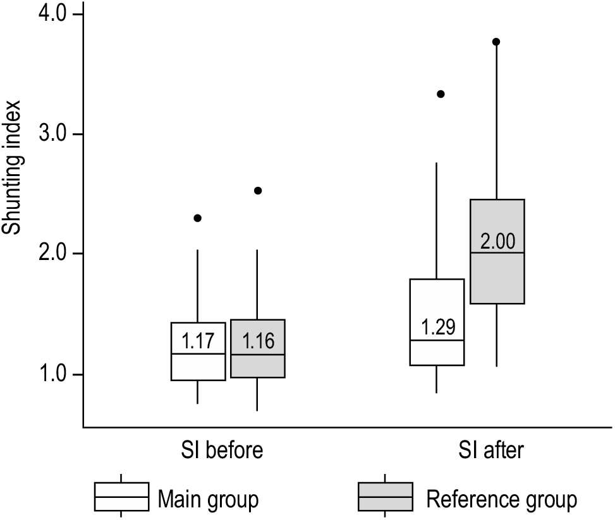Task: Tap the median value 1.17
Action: pyautogui.click(x=198, y=341)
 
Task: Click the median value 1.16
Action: pyautogui.click(x=257, y=341)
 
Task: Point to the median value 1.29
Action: pyautogui.click(x=438, y=328)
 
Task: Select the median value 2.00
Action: pyautogui.click(x=497, y=240)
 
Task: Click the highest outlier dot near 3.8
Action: pyautogui.click(x=496, y=42)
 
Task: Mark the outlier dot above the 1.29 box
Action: pyautogui.click(x=441, y=94)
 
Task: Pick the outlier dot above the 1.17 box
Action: pyautogui.click(x=197, y=218)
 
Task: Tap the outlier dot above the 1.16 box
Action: pyautogui.click(x=257, y=191)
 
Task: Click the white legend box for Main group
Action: pyautogui.click(x=121, y=497)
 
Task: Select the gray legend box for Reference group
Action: pyautogui.click(x=386, y=497)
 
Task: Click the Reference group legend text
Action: pyautogui.click(x=501, y=500)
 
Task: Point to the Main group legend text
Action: pyautogui.click(x=208, y=500)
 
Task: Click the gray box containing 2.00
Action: pyautogui.click(x=497, y=278)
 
